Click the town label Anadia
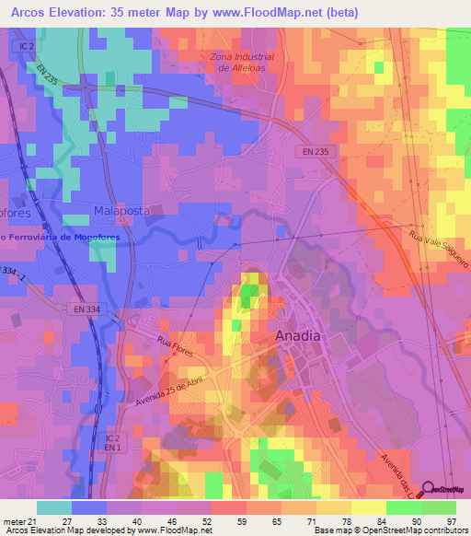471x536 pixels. (x=299, y=336)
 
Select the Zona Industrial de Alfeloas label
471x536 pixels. (x=242, y=62)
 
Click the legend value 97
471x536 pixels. (x=451, y=521)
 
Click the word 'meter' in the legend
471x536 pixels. (x=14, y=521)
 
